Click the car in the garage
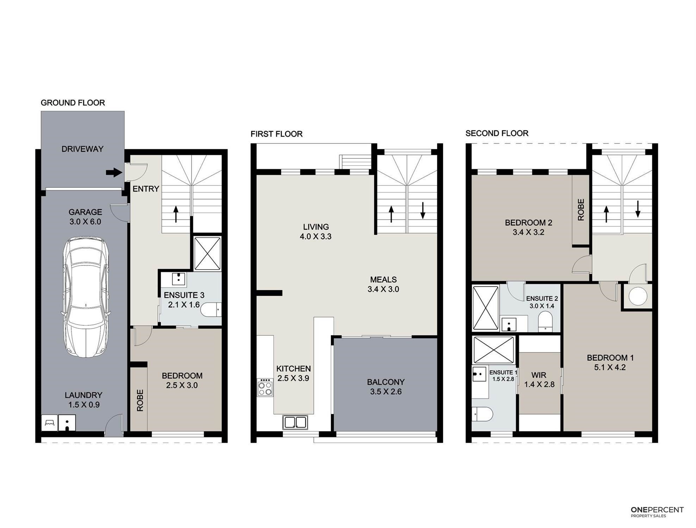pyautogui.click(x=86, y=297)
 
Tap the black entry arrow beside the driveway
pyautogui.click(x=114, y=172)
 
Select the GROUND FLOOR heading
pyautogui.click(x=73, y=103)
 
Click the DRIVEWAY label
pyautogui.click(x=82, y=149)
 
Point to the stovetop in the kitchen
pyautogui.click(x=265, y=387)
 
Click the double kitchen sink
pyautogui.click(x=295, y=422)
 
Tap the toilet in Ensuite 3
pyautogui.click(x=211, y=309)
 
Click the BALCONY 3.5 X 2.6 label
pyautogui.click(x=386, y=387)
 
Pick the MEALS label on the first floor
pyautogui.click(x=383, y=279)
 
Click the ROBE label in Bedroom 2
pyautogui.click(x=581, y=210)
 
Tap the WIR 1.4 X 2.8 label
pyautogui.click(x=539, y=380)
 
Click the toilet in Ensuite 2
pyautogui.click(x=545, y=321)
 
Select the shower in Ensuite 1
pyautogui.click(x=494, y=350)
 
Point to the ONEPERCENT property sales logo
pyautogui.click(x=657, y=512)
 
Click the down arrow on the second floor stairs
pyautogui.click(x=638, y=209)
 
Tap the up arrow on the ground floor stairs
pyautogui.click(x=176, y=214)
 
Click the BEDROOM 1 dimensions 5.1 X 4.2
pyautogui.click(x=610, y=367)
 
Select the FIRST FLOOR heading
pyautogui.click(x=277, y=134)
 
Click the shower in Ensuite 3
pyautogui.click(x=208, y=253)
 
